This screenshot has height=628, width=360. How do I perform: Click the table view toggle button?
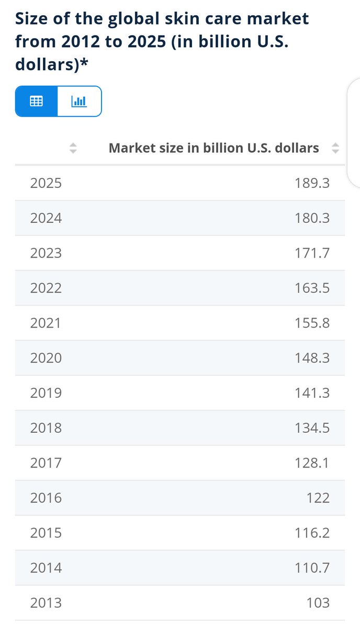coord(36,101)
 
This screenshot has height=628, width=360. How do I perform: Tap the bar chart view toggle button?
coord(79,101)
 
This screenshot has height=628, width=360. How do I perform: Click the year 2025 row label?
coord(46,183)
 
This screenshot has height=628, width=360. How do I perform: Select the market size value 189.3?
coord(312,183)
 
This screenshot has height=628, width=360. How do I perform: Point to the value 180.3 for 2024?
coord(312,218)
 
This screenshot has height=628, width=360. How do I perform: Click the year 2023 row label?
coord(46,253)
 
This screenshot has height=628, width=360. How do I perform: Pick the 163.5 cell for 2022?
coord(312,288)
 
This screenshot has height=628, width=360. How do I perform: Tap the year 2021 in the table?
coord(46,323)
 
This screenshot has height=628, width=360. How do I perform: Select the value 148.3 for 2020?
coord(312,358)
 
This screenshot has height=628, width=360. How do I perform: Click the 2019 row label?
coord(46,393)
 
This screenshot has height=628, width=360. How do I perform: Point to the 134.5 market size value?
coord(312,428)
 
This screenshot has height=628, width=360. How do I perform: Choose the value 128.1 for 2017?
coord(312,463)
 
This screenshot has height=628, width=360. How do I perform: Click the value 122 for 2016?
coord(318,498)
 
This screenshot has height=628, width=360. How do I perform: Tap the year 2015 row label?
coord(46,533)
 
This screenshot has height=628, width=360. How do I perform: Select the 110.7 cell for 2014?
coord(312,568)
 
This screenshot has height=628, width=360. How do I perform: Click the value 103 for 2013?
coord(318,603)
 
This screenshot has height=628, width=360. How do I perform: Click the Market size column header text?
coord(213,148)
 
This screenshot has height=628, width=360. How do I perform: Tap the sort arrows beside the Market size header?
coord(335,149)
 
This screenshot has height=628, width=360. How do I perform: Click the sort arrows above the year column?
coord(73,149)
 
